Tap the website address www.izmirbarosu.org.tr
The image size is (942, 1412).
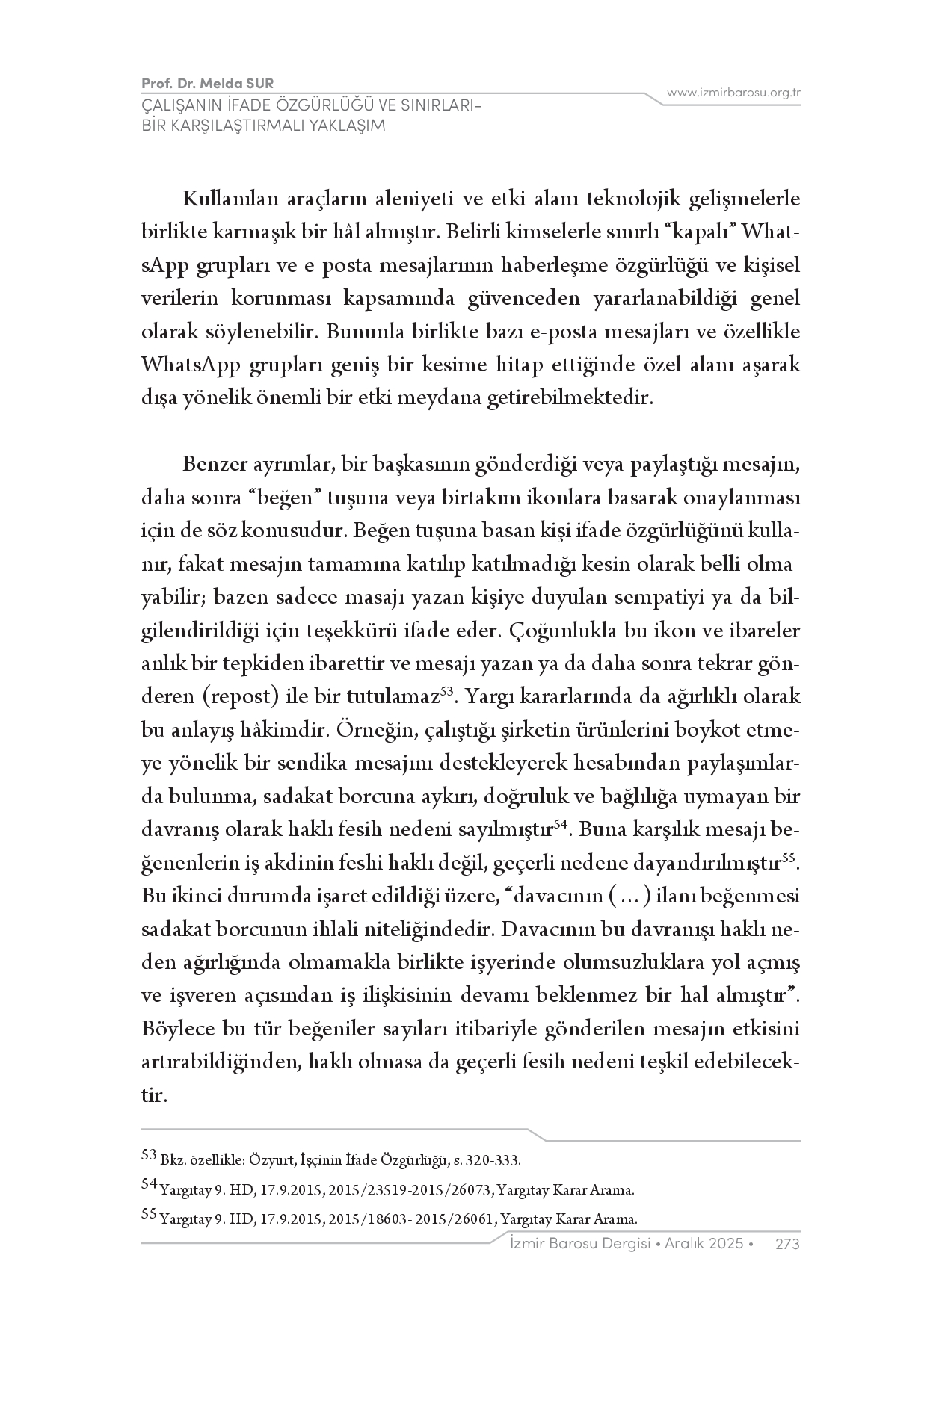pos(733,93)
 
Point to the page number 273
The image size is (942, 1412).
pos(788,1244)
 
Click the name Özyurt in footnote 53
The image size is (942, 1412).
pos(266,1160)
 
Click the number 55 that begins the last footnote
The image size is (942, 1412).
pos(149,1215)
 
